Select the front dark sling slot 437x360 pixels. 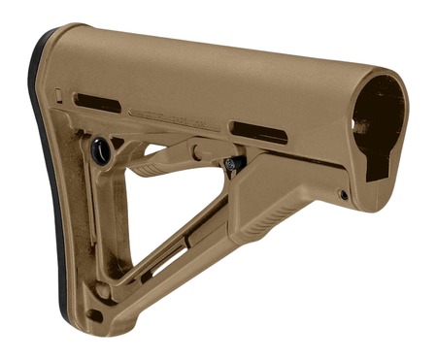point(257,132)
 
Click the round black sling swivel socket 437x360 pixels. point(100,150)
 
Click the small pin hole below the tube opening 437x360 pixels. point(343,195)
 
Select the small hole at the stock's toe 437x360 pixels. point(94,315)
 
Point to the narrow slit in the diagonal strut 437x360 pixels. point(175,262)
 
